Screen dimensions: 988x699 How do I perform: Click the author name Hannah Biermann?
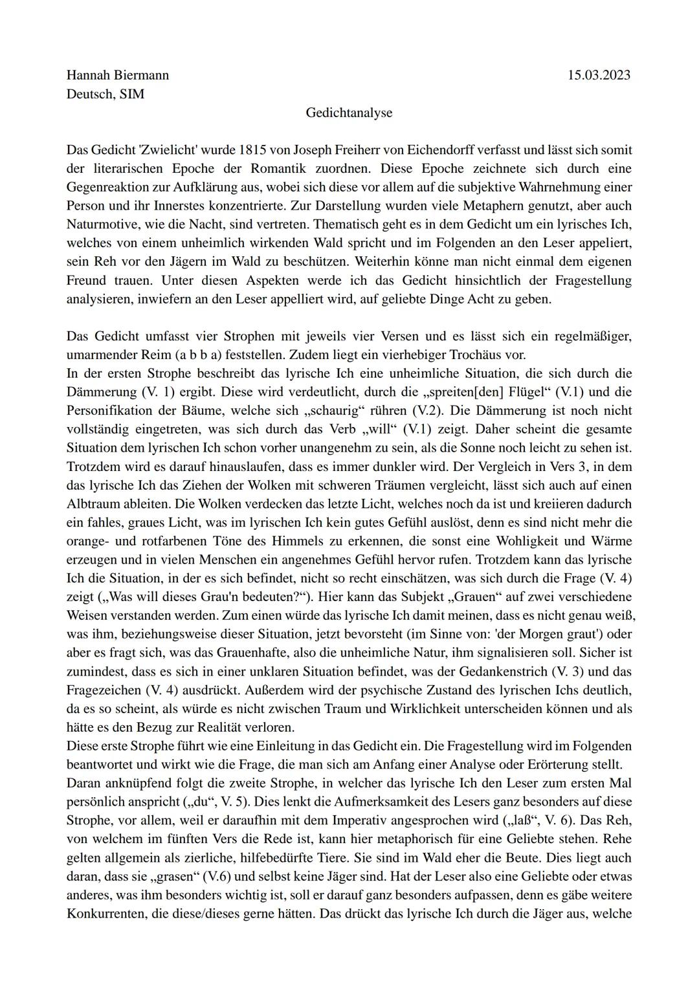click(117, 75)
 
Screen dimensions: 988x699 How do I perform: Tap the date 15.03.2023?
click(599, 75)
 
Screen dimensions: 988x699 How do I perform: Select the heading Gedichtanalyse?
click(349, 113)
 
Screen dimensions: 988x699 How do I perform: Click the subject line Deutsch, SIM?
click(105, 94)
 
